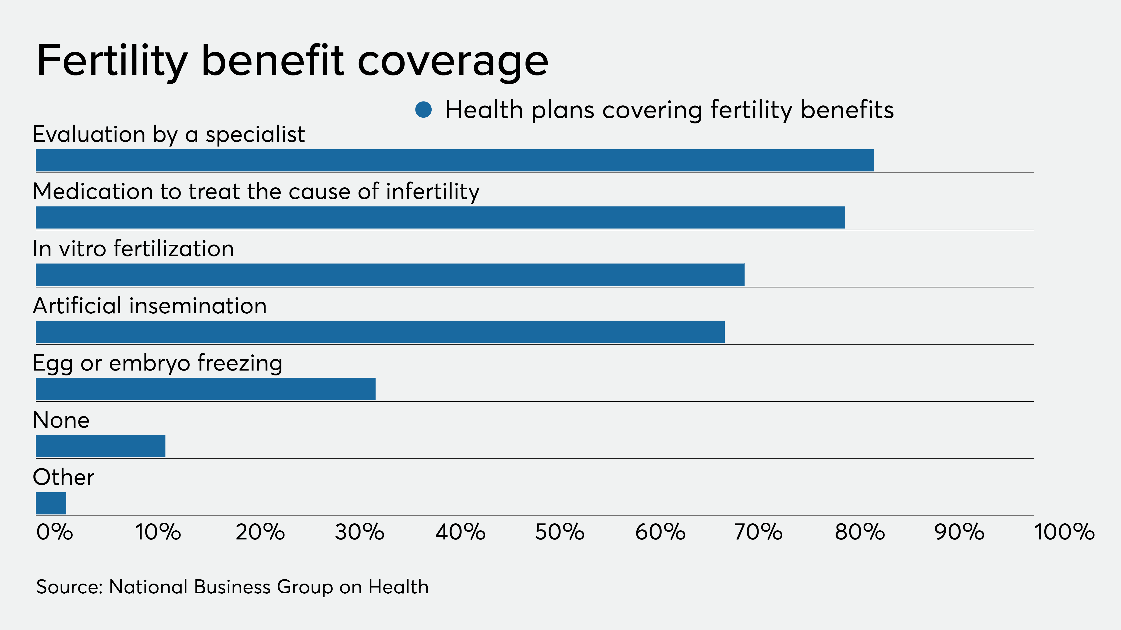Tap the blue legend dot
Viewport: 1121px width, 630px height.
tap(423, 110)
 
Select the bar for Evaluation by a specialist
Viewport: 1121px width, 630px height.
tap(455, 161)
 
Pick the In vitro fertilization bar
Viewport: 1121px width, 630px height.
tap(390, 275)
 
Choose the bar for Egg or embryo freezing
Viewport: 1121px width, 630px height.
tap(206, 389)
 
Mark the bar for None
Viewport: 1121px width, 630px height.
tap(100, 446)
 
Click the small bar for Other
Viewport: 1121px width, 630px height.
tap(51, 504)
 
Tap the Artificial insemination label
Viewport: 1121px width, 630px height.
tap(150, 306)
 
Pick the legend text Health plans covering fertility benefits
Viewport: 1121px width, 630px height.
tap(669, 110)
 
